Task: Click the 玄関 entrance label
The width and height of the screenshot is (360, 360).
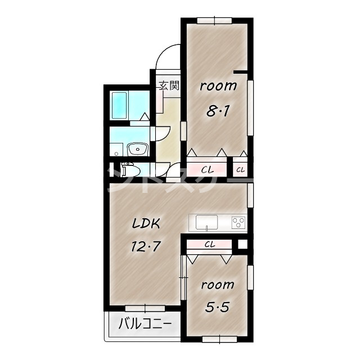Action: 169,86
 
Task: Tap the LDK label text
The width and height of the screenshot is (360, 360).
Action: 146,223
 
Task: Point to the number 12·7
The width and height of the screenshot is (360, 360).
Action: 145,246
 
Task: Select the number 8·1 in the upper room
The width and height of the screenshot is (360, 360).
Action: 218,112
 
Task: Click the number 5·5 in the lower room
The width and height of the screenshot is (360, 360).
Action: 217,307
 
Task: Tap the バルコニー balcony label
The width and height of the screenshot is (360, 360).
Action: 145,324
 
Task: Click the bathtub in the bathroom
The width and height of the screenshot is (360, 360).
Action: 119,105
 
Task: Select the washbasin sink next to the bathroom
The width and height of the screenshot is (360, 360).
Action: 137,149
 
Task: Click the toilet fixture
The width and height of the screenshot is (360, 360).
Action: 130,170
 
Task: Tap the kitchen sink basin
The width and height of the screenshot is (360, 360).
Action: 206,222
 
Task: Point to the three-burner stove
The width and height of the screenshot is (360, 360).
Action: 238,223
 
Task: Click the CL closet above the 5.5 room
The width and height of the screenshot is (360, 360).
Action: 209,245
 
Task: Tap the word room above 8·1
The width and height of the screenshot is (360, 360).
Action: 218,86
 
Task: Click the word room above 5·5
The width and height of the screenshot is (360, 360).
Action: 218,285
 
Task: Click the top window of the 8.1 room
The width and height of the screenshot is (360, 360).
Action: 214,20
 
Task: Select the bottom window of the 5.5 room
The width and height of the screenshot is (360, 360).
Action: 219,339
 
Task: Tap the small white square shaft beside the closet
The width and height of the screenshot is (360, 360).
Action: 242,244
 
